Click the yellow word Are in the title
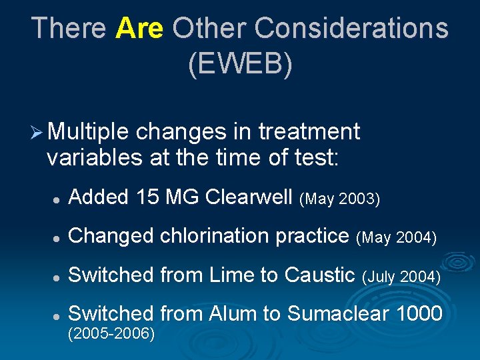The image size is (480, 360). click(x=139, y=28)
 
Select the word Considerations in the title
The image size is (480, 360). click(x=351, y=28)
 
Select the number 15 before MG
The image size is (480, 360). click(x=146, y=197)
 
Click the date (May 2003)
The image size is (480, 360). click(x=341, y=199)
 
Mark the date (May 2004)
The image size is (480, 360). click(x=397, y=237)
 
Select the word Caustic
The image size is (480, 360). click(x=319, y=275)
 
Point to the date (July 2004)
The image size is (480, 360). click(x=401, y=277)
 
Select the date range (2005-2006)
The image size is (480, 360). click(x=111, y=333)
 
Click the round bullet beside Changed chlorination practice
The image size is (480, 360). click(x=58, y=237)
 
